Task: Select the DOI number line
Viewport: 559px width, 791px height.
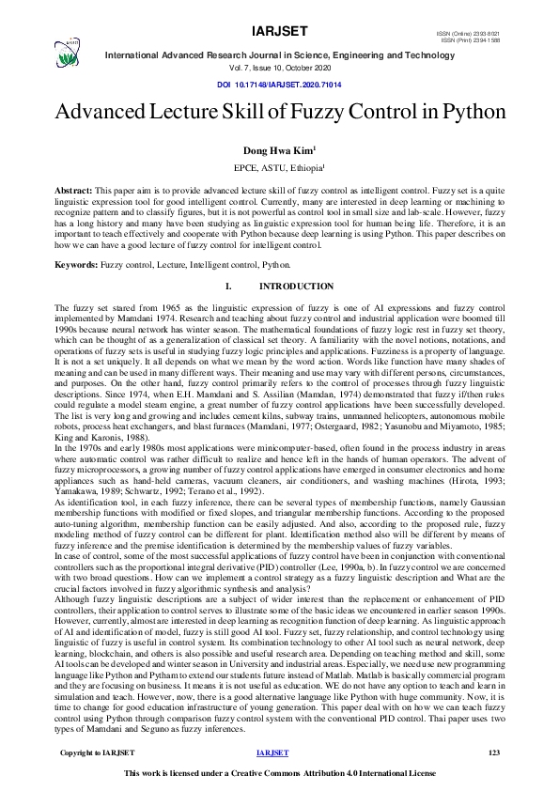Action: click(279, 85)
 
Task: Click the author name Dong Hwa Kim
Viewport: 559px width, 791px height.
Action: click(279, 149)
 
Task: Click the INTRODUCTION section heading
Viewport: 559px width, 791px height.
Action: click(296, 286)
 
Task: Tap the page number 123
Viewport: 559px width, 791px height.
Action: click(495, 752)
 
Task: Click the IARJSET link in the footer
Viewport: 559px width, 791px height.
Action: click(272, 752)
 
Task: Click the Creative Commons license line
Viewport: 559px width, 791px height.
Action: click(279, 773)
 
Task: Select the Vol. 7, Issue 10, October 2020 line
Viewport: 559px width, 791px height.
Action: click(279, 69)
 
